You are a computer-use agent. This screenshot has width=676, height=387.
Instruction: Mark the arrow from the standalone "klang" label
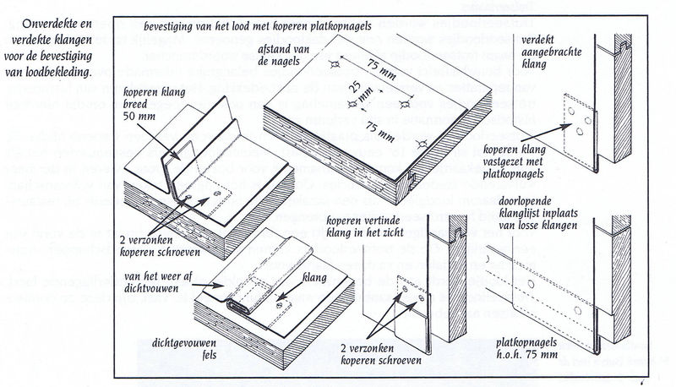[x=291, y=289]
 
